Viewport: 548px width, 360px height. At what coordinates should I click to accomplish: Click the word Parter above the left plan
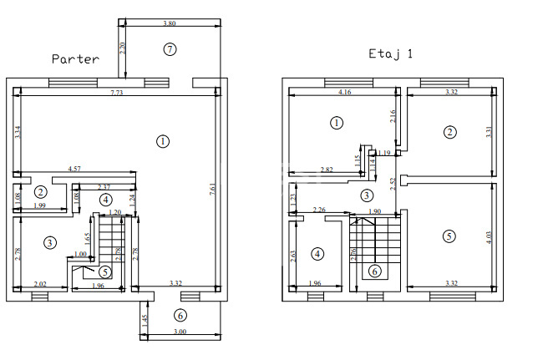[75, 59]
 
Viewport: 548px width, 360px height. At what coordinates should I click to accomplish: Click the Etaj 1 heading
[391, 53]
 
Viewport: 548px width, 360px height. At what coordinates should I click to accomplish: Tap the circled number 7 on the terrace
[170, 49]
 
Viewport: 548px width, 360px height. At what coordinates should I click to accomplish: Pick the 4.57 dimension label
[75, 170]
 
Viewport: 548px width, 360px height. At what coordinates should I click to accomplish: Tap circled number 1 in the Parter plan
[161, 141]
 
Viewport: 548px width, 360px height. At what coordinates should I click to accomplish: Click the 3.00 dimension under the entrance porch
[180, 332]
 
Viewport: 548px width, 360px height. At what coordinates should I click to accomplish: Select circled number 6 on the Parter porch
[180, 315]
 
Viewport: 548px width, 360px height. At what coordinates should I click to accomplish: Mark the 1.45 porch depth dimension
[144, 320]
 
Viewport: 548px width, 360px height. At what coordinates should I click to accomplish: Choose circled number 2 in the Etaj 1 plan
[450, 132]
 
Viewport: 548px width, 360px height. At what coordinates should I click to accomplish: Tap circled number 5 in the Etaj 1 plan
[449, 236]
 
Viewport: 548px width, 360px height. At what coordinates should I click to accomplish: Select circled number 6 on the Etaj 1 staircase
[374, 270]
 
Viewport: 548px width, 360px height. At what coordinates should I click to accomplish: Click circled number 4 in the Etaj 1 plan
[317, 253]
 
